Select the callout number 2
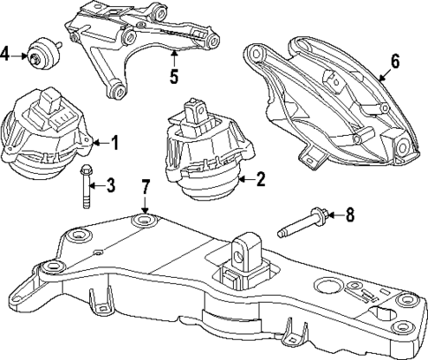(260, 180)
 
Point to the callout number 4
(6, 55)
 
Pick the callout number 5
(174, 76)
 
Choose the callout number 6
(394, 61)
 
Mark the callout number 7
(146, 187)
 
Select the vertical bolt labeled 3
(84, 185)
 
